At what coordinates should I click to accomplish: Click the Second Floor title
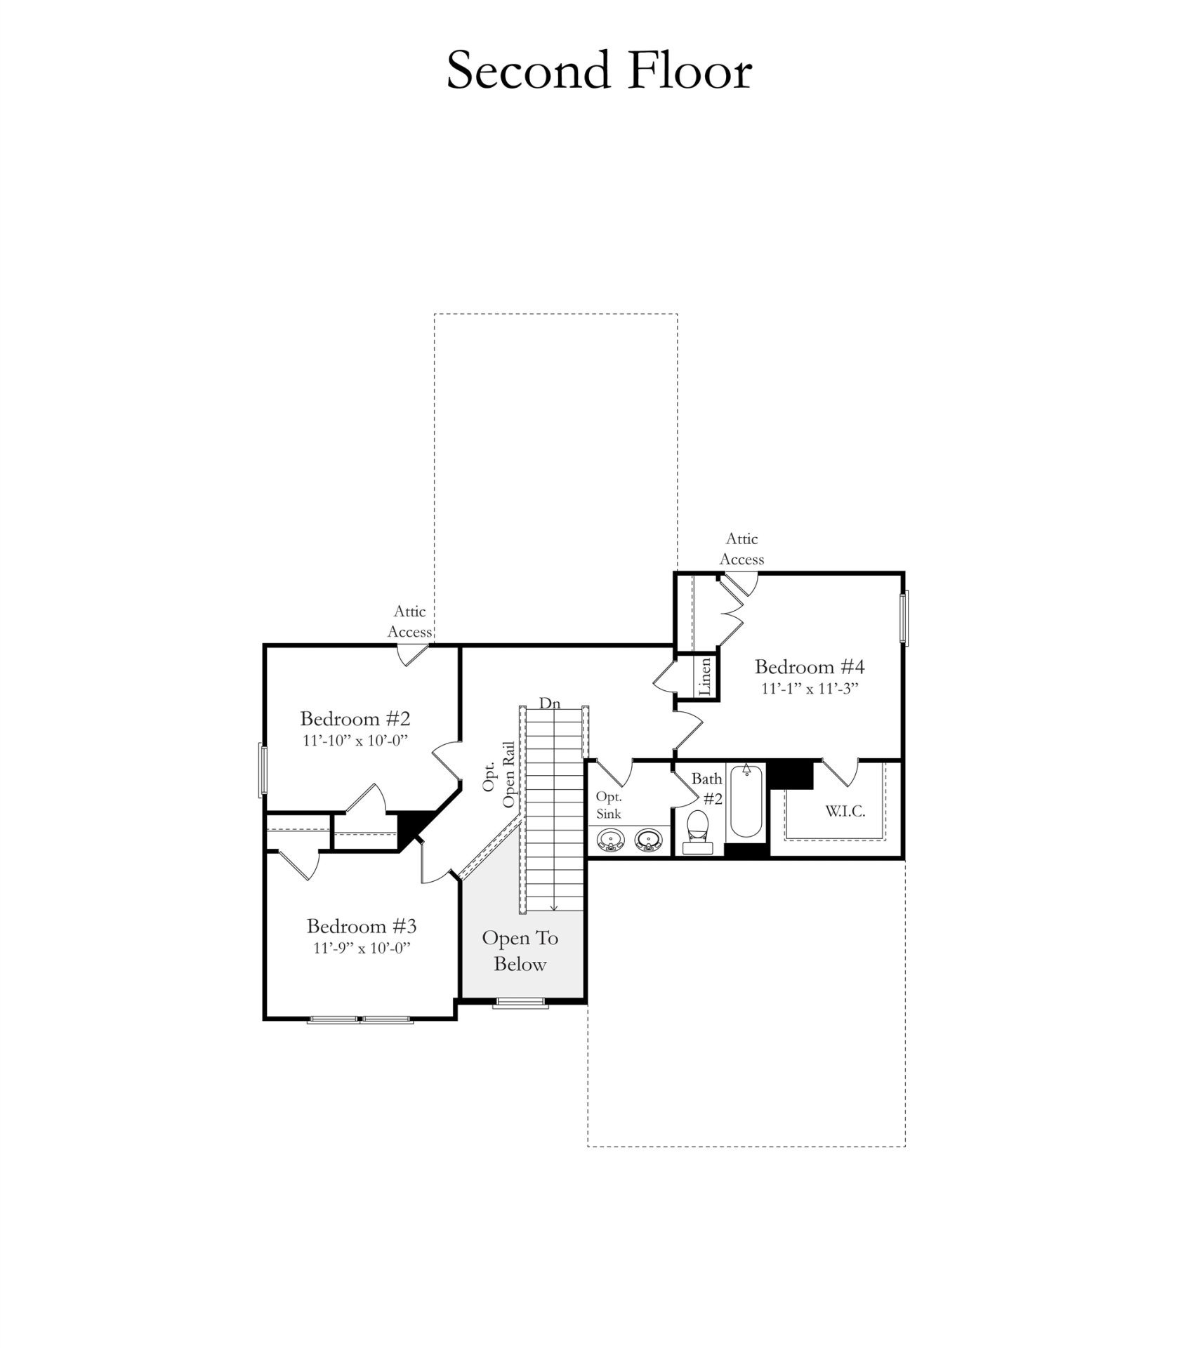click(x=599, y=71)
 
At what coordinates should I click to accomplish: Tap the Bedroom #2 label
click(x=355, y=718)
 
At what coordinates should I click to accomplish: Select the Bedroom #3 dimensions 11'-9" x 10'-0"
click(x=361, y=948)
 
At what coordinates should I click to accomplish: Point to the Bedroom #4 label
click(x=809, y=666)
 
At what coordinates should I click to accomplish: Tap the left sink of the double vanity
click(x=610, y=840)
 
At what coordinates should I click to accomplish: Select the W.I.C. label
click(x=844, y=812)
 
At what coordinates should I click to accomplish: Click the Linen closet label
click(x=706, y=677)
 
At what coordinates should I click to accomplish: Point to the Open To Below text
click(x=520, y=951)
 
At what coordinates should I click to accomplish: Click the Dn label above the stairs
click(x=549, y=703)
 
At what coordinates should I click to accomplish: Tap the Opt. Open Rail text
click(x=499, y=774)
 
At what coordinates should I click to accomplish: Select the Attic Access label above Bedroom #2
click(x=409, y=621)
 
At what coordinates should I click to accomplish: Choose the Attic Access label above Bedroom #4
click(x=741, y=549)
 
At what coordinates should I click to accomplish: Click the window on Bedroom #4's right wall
click(x=904, y=617)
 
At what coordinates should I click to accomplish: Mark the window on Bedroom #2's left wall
click(x=263, y=769)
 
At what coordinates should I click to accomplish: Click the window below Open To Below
click(x=520, y=1003)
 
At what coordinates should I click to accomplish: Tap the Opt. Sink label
click(x=608, y=805)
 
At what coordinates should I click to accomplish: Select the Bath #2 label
click(x=707, y=788)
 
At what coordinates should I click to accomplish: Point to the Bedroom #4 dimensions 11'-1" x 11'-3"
click(x=810, y=689)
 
